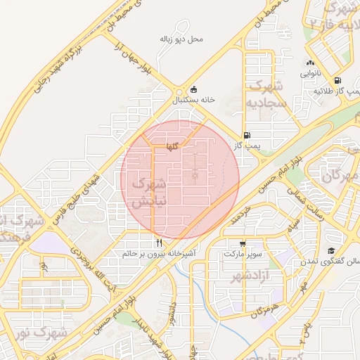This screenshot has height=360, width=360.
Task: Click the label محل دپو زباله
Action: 181,39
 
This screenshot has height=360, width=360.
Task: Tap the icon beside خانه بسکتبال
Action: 194,90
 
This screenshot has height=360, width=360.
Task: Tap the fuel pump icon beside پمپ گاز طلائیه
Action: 339,81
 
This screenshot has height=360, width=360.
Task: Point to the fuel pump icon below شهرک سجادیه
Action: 246,135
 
